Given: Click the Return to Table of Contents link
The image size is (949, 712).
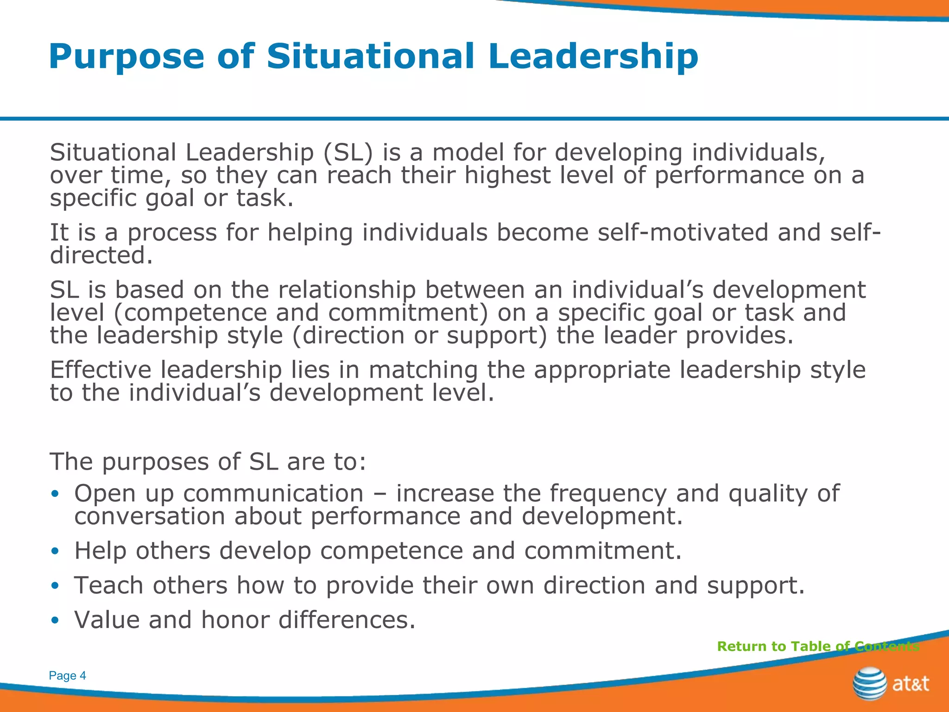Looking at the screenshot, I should click(818, 646).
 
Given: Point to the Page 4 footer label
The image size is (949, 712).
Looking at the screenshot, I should click(67, 676).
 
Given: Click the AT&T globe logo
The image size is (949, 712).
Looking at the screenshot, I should click(869, 683).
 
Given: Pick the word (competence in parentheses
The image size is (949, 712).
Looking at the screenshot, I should click(190, 313).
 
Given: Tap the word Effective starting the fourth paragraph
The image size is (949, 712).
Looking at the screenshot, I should click(101, 370).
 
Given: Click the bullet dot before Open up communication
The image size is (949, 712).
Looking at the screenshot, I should click(55, 494).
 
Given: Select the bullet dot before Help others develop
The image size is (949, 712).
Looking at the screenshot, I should click(55, 551).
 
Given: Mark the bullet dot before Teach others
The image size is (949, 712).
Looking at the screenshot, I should click(55, 586).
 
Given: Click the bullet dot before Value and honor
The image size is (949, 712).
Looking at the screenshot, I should click(55, 620).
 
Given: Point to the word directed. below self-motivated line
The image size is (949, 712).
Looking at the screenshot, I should click(101, 255).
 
